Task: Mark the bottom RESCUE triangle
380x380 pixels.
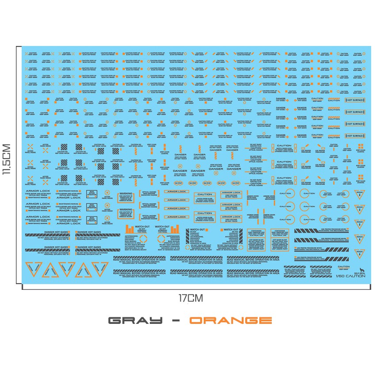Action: tap(360, 255)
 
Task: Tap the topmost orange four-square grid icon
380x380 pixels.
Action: tap(360, 146)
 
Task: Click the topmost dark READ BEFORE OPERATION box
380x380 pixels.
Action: tap(91, 194)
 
